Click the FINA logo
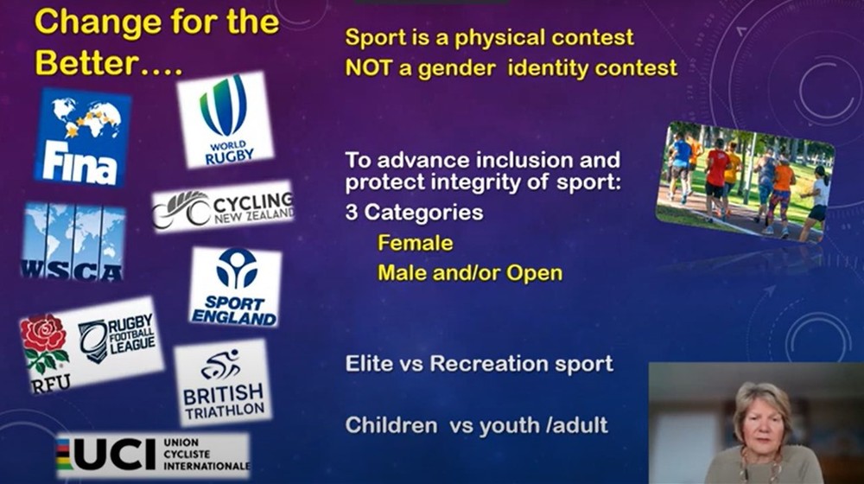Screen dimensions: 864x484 (83, 137)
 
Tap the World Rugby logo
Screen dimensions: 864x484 (226, 119)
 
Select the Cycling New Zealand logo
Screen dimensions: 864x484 (223, 207)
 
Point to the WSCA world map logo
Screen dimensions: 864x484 (73, 242)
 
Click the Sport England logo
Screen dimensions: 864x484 (235, 287)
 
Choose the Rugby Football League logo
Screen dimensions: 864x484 (117, 339)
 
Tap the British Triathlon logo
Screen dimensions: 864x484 (223, 382)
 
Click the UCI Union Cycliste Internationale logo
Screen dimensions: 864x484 (153, 455)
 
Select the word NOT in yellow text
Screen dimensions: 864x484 (366, 67)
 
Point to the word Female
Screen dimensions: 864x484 (416, 243)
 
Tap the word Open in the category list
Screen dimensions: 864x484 (535, 274)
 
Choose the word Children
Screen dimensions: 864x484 (391, 425)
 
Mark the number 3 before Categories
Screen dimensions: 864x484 (351, 213)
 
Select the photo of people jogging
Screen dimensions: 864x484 (745, 181)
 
